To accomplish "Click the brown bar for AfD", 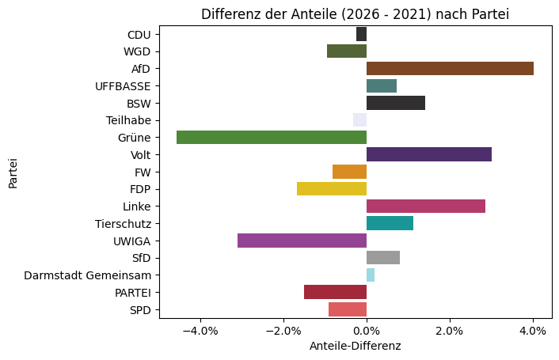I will (450, 68).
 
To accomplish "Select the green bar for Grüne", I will (272, 137).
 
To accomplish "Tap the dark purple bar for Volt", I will (428, 154).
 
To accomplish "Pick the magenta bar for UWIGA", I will (302, 241).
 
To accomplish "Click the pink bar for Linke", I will (425, 206).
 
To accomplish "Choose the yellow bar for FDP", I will (331, 188).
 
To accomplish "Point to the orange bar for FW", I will (349, 172).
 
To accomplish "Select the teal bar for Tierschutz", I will (390, 223).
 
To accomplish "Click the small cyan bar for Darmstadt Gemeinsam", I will (371, 275).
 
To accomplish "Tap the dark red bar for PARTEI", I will (335, 292).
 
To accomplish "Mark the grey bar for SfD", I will (383, 257).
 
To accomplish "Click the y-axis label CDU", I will (139, 34).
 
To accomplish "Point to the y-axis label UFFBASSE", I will (123, 85).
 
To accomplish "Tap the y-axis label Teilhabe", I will (128, 120).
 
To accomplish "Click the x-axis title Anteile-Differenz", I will (355, 347).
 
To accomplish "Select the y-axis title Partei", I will (13, 172).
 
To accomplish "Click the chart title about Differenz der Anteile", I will (355, 13).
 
